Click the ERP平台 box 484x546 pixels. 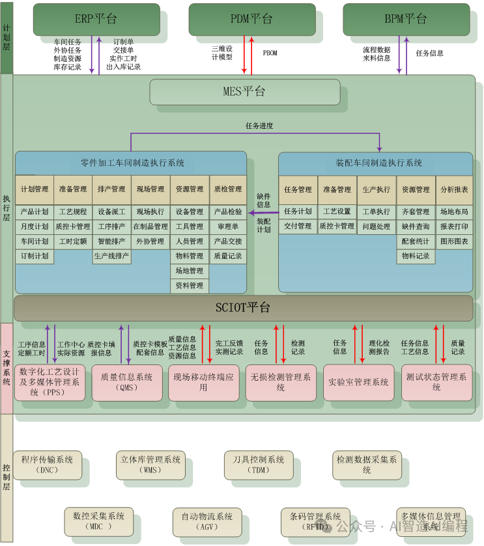coord(96,19)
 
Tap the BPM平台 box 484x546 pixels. coord(405,19)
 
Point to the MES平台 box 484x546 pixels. coord(244,92)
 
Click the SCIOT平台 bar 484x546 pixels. coord(243,308)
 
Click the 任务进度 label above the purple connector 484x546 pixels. coord(259,126)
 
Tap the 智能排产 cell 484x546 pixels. coord(111,241)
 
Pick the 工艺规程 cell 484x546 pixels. coord(72,212)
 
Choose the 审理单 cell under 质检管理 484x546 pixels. coord(228,226)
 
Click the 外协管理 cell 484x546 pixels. coord(150,241)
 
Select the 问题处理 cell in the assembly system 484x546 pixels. coord(377,226)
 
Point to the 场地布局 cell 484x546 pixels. coord(454,212)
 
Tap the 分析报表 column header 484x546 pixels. coord(454,189)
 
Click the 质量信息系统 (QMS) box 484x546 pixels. coord(126,382)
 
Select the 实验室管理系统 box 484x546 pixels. coord(358,382)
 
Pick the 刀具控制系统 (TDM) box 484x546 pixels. coord(259,465)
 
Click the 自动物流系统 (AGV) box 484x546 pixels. coord(207,521)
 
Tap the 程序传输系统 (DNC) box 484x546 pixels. coord(48,465)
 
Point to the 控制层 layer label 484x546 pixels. coord(7,478)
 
